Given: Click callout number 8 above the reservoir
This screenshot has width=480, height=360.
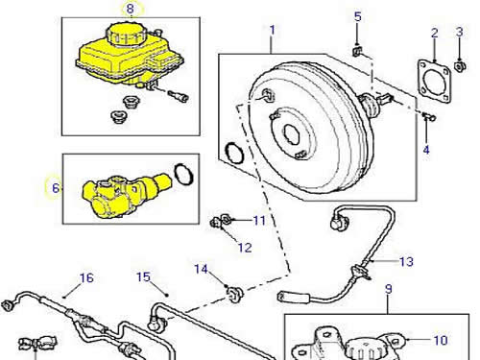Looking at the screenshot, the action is (x=130, y=9).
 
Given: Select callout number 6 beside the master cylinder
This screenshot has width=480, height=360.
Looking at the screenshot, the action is (x=56, y=188).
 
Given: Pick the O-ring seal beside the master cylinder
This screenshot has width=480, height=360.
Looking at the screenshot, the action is (x=184, y=174).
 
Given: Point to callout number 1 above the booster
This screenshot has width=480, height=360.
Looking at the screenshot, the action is (x=273, y=31).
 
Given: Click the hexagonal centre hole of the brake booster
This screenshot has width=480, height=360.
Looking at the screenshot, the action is (x=291, y=134).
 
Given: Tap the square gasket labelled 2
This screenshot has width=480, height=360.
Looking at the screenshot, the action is (x=435, y=81).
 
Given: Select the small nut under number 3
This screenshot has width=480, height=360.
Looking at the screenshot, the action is (x=460, y=66).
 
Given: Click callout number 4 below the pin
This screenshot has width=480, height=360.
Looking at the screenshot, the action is (x=426, y=150).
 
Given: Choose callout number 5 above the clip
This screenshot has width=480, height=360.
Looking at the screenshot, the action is (x=358, y=16).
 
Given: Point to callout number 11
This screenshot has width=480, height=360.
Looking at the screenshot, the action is (x=259, y=220).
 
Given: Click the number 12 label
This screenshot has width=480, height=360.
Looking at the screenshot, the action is (x=245, y=248).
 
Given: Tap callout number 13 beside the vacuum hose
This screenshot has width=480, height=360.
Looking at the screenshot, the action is (x=407, y=262).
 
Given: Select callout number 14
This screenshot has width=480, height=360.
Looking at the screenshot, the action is (x=201, y=270).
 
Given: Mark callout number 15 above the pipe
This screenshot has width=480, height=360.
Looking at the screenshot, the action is (x=143, y=276).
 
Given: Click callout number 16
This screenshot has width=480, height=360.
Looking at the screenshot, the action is (x=86, y=277).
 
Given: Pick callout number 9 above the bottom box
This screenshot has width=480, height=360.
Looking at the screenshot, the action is (x=388, y=289).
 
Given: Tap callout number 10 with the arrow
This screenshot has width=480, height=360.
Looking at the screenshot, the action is (x=441, y=340).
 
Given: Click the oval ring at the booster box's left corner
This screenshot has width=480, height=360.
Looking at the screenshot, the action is (x=234, y=153).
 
